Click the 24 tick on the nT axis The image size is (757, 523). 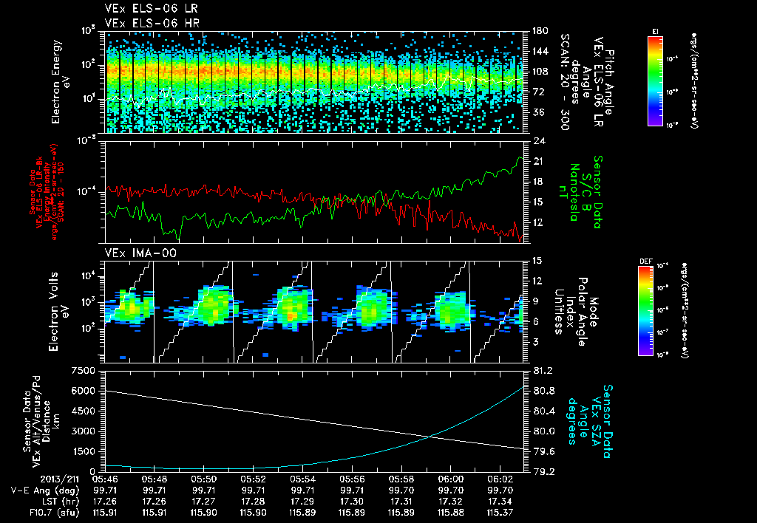[539, 140]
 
